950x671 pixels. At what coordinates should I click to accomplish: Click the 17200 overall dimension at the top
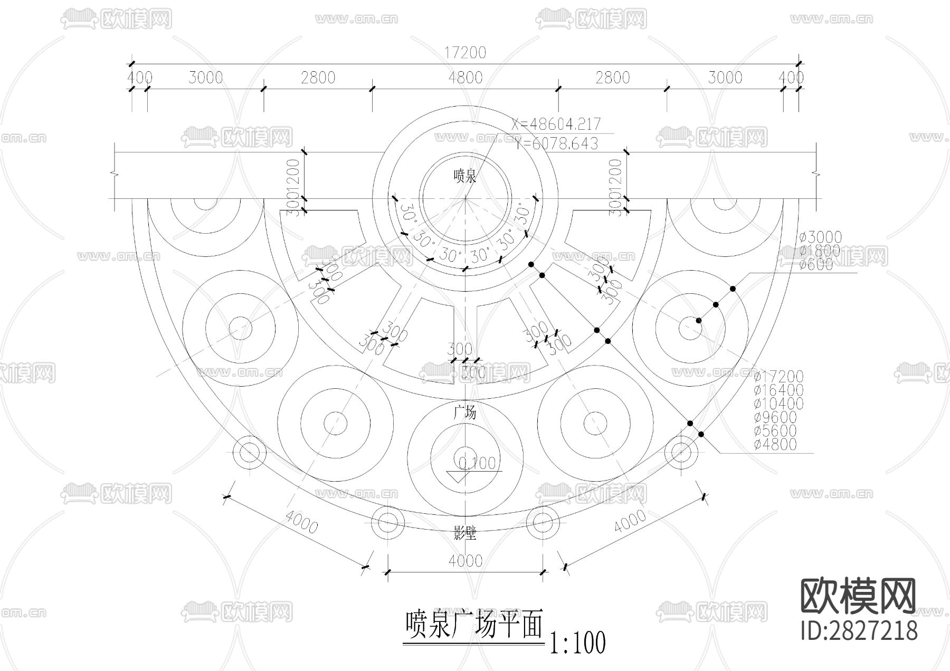click(464, 53)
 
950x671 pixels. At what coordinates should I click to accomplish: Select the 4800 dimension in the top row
click(464, 78)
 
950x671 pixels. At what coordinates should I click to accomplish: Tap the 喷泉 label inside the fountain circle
click(465, 176)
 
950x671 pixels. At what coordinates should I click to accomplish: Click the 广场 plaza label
click(465, 412)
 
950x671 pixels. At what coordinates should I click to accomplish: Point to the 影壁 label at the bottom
click(465, 533)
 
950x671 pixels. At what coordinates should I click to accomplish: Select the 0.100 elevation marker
click(477, 463)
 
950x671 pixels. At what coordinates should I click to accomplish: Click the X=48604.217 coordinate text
click(556, 124)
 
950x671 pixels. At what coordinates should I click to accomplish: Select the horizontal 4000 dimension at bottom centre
click(465, 560)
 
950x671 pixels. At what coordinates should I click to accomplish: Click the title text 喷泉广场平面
click(473, 625)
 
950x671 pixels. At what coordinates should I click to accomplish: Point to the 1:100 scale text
click(577, 643)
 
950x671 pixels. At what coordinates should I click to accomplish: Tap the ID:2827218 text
click(859, 630)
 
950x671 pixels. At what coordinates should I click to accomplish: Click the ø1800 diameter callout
click(820, 251)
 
